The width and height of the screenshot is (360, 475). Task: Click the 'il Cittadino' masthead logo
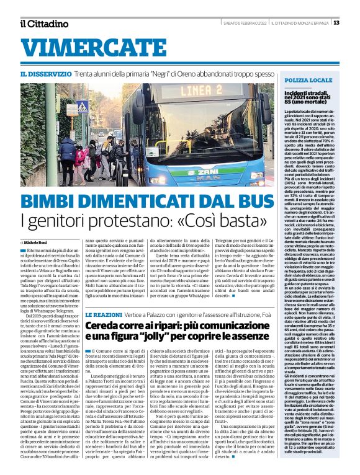(x=43, y=24)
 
